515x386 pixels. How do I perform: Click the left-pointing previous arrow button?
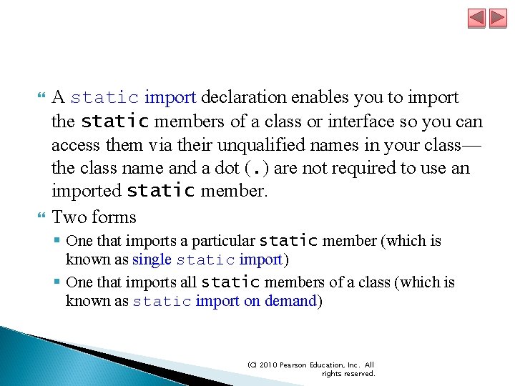pos(476,18)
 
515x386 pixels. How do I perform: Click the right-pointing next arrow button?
pos(497,18)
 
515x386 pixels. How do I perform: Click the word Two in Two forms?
pos(69,217)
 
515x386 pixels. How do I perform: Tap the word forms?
pos(114,217)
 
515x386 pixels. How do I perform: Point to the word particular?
pos(220,242)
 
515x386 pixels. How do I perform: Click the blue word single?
pos(152,259)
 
